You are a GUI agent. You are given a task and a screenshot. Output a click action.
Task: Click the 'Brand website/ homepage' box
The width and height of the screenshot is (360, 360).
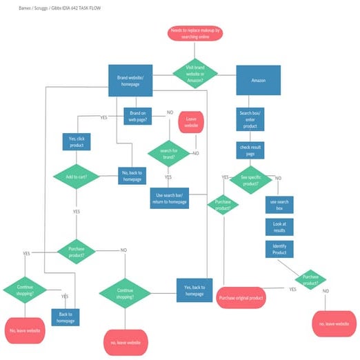[130, 81]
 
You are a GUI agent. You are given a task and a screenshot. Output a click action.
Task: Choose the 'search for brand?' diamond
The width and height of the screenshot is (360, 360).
[168, 154]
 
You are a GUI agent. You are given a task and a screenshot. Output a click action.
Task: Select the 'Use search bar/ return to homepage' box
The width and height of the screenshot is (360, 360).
[168, 198]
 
